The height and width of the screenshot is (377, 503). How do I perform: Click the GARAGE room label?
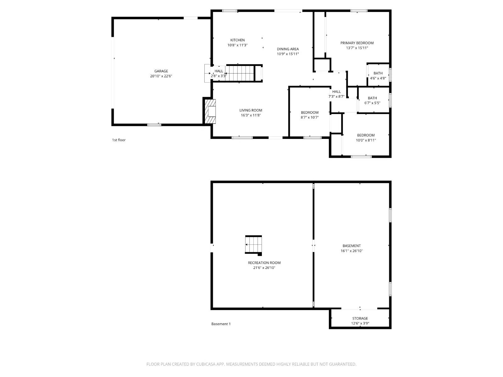161,71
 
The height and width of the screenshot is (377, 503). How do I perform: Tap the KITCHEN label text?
237,40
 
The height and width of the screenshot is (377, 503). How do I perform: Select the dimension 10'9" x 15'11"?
288,54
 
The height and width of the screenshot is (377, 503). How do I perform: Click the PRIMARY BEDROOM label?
357,43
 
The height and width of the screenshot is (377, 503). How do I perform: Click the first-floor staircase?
240,73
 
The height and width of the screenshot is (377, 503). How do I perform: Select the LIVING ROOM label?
251,110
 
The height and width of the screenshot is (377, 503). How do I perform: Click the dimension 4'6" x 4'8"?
378,78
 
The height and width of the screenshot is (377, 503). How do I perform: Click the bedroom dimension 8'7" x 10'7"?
310,117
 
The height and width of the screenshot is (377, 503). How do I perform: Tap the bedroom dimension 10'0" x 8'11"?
366,140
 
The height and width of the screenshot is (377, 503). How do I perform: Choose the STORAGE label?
360,318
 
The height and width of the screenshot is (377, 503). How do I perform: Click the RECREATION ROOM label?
264,263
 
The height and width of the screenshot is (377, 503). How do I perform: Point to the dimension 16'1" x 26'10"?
351,251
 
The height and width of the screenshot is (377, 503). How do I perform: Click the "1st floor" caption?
119,140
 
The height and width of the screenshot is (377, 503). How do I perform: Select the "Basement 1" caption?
221,324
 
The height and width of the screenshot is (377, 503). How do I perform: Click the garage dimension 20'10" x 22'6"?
161,76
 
